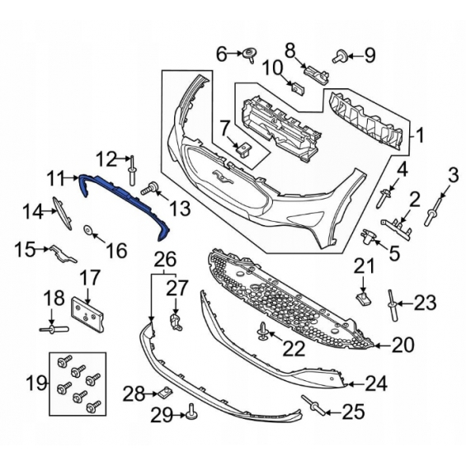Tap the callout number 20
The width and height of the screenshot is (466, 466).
click(402, 345)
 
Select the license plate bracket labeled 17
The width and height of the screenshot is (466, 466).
click(88, 315)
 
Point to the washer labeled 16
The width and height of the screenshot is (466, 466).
click(88, 229)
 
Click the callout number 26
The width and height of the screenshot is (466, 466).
click(166, 260)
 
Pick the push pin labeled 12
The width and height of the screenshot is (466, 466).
click(132, 171)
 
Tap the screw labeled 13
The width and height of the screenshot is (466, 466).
click(150, 188)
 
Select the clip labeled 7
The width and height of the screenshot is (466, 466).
click(243, 148)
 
